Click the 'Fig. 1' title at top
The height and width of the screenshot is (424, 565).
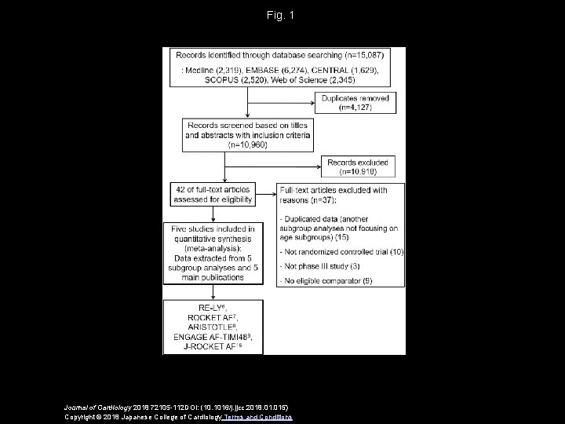click(x=282, y=16)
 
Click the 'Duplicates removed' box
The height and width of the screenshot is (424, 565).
click(x=355, y=102)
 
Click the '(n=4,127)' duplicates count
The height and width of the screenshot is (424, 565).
click(x=355, y=108)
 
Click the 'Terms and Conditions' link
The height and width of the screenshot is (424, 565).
click(x=259, y=417)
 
